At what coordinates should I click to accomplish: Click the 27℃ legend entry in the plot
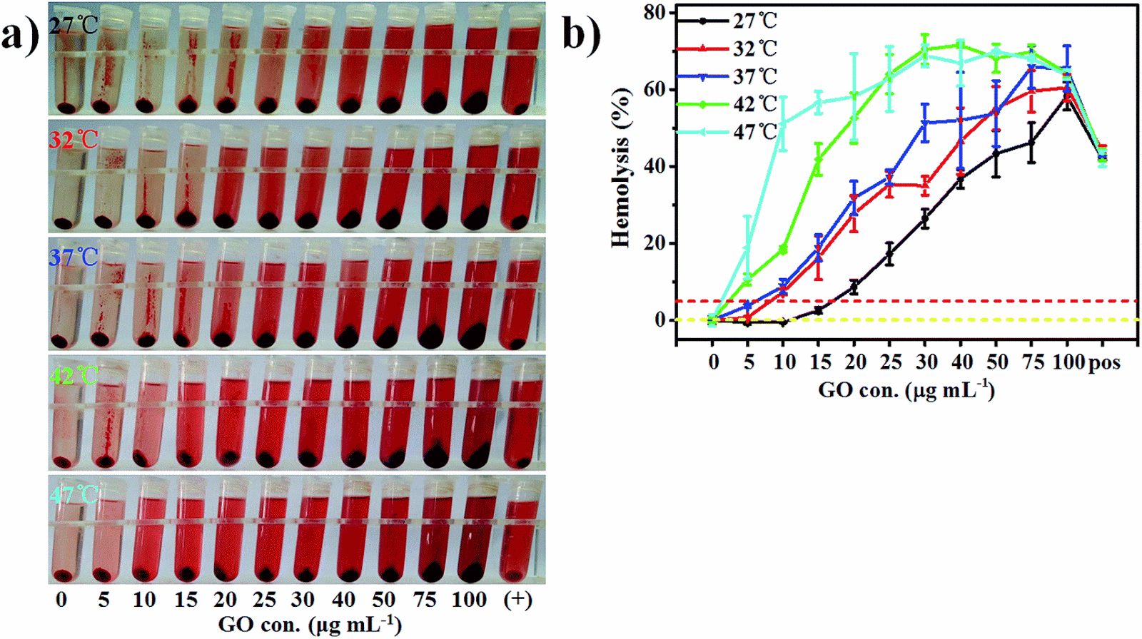click(x=754, y=21)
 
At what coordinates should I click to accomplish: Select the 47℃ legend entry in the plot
click(x=754, y=132)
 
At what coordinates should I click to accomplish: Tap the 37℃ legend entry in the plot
click(x=754, y=76)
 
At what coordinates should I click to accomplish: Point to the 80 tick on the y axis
click(x=654, y=13)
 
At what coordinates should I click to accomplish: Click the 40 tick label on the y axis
click(x=654, y=166)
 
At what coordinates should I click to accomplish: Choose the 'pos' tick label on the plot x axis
click(x=1103, y=362)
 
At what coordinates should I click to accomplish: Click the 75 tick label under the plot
click(x=1032, y=362)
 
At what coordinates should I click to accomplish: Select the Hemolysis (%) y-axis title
click(x=621, y=168)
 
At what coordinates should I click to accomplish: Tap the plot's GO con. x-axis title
click(x=906, y=390)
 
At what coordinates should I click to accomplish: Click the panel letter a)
click(x=19, y=34)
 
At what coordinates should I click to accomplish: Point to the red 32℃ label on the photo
click(x=74, y=138)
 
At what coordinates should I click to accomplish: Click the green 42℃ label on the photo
click(x=74, y=375)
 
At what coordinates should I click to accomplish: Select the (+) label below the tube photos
click(x=518, y=600)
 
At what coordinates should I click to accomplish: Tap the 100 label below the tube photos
click(x=469, y=600)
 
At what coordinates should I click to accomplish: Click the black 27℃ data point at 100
click(x=1068, y=101)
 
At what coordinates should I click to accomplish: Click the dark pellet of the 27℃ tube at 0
click(x=66, y=108)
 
